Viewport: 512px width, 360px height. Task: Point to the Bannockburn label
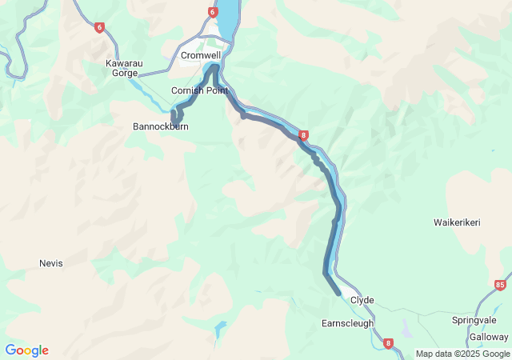coord(160,126)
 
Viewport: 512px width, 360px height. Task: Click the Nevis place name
coord(50,263)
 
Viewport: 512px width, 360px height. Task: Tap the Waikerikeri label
coord(457,222)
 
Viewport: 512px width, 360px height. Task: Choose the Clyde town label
coord(362,301)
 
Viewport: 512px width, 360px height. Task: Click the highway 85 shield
coord(500,284)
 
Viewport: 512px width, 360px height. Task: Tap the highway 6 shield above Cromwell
coord(212,12)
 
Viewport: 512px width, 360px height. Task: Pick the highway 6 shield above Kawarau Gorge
coord(99,27)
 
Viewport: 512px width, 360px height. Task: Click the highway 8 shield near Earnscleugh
coord(388,344)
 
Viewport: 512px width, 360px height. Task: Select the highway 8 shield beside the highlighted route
coord(304,135)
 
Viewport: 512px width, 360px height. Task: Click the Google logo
coord(26,350)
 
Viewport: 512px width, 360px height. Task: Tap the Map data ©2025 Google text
coord(462,354)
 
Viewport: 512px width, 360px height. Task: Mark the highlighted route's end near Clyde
coord(338,294)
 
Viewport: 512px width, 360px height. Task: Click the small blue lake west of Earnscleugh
coord(218,328)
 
